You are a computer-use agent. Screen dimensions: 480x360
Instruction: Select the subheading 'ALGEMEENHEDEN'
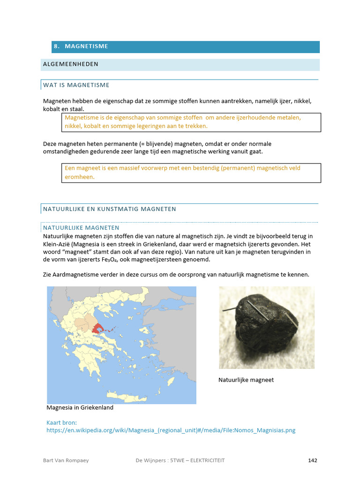coord(70,64)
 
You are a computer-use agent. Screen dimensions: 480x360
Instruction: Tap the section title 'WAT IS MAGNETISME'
coord(76,85)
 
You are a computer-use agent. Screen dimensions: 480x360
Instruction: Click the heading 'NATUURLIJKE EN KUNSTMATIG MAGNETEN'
coord(109,209)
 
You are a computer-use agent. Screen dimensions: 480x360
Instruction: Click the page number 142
coord(313,460)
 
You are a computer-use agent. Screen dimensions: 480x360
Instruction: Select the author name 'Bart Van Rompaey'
coord(66,460)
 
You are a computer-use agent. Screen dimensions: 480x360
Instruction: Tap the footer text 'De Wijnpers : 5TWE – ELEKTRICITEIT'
coord(177,460)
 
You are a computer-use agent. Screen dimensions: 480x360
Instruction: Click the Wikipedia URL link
coord(171,430)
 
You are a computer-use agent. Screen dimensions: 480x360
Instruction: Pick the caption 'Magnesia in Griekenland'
coord(80,408)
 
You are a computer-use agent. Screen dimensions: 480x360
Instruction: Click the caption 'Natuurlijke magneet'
coord(246,380)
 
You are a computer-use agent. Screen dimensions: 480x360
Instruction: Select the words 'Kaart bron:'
coord(61,422)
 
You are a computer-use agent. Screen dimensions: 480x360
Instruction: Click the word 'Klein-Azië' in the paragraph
coord(58,244)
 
